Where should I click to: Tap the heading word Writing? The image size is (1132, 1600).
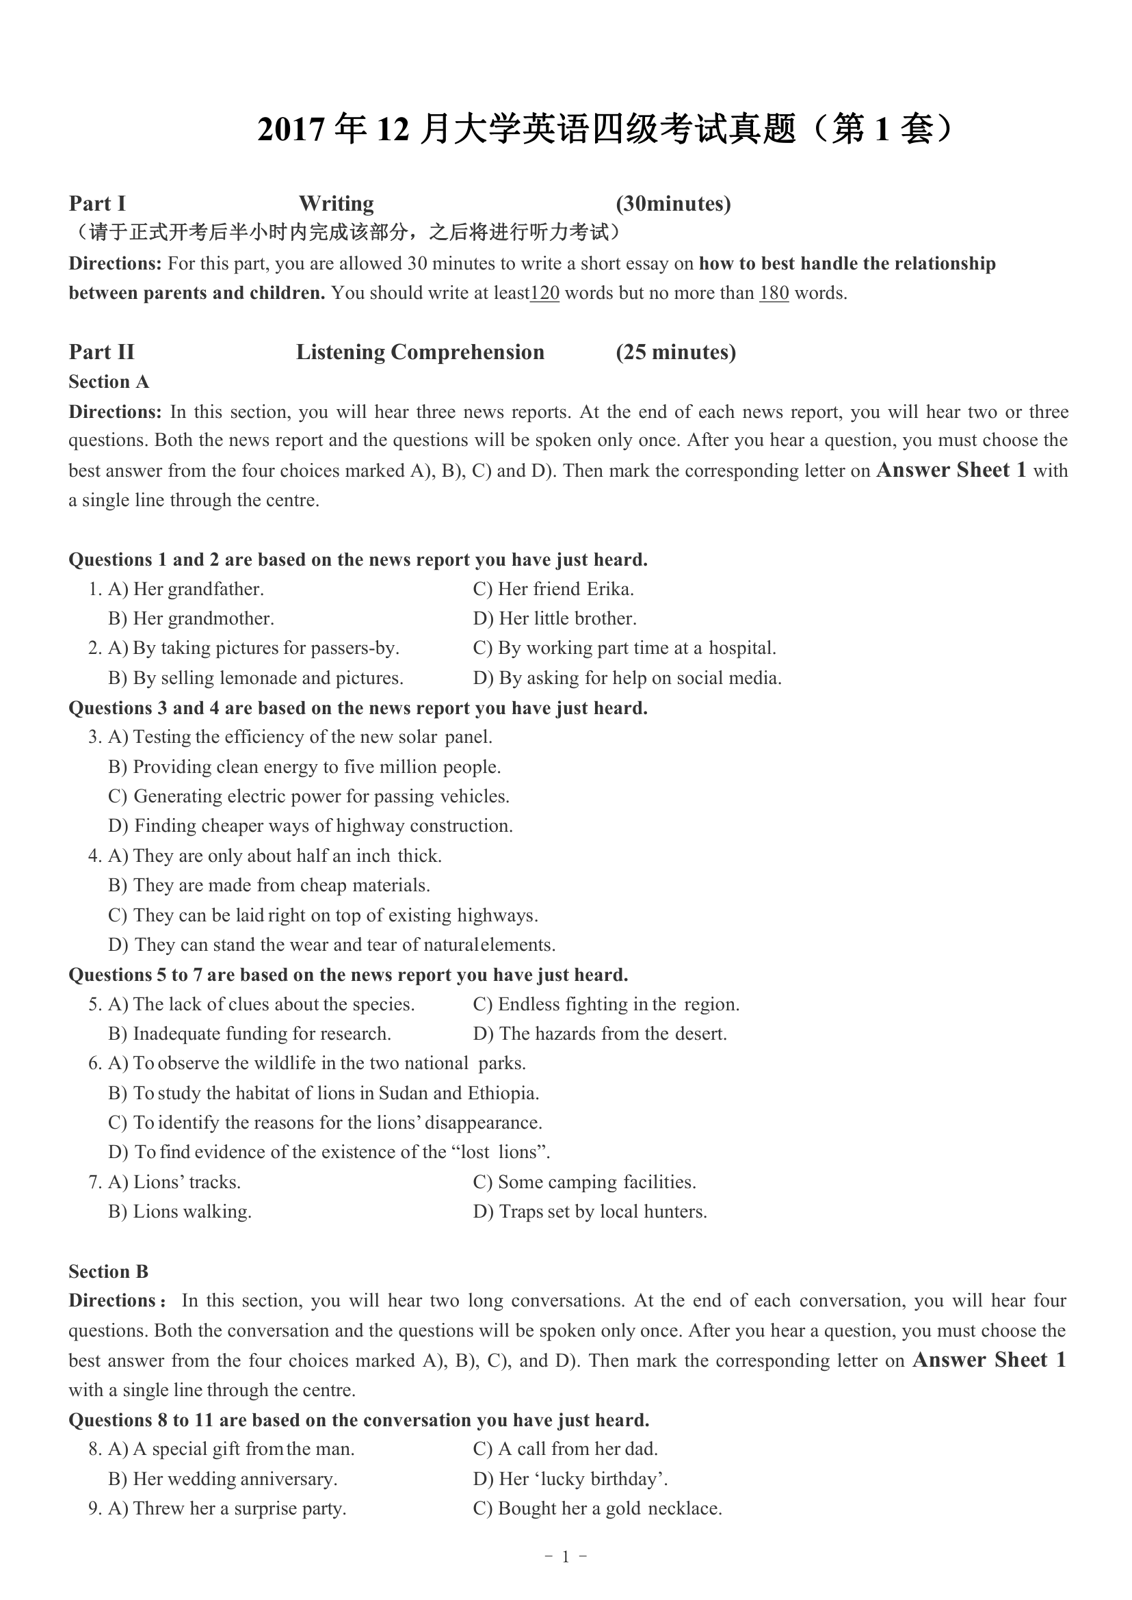click(x=336, y=204)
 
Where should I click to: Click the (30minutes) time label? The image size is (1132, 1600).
click(x=672, y=204)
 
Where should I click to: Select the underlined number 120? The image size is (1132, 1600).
click(x=544, y=293)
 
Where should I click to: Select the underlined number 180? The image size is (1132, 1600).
click(x=774, y=293)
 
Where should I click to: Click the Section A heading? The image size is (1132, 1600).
click(x=109, y=382)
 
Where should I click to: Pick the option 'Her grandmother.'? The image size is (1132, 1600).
click(x=203, y=618)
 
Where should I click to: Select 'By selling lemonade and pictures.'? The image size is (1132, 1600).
click(x=267, y=678)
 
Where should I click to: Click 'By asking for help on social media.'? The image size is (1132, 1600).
click(x=640, y=678)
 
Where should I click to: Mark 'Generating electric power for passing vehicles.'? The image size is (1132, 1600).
click(x=321, y=796)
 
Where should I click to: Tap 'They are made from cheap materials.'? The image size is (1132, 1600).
click(x=281, y=885)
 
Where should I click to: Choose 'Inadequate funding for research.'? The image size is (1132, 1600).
click(x=261, y=1033)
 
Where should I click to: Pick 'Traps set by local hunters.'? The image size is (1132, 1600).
click(x=602, y=1211)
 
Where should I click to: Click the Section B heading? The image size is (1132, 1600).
click(x=109, y=1272)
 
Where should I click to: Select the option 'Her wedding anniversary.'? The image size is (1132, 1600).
click(x=235, y=1479)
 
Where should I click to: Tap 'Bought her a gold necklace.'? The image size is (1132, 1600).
click(x=609, y=1508)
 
